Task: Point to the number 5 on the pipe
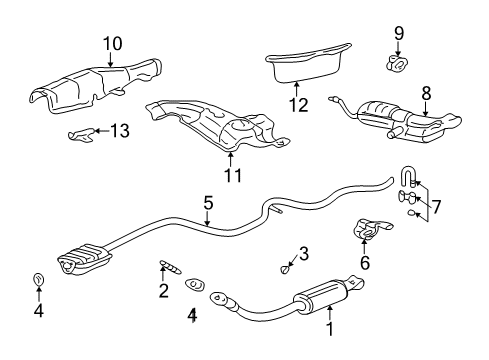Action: coord(208,203)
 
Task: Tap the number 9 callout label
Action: coord(398,33)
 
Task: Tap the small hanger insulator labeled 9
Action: coord(397,64)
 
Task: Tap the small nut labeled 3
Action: coord(285,267)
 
